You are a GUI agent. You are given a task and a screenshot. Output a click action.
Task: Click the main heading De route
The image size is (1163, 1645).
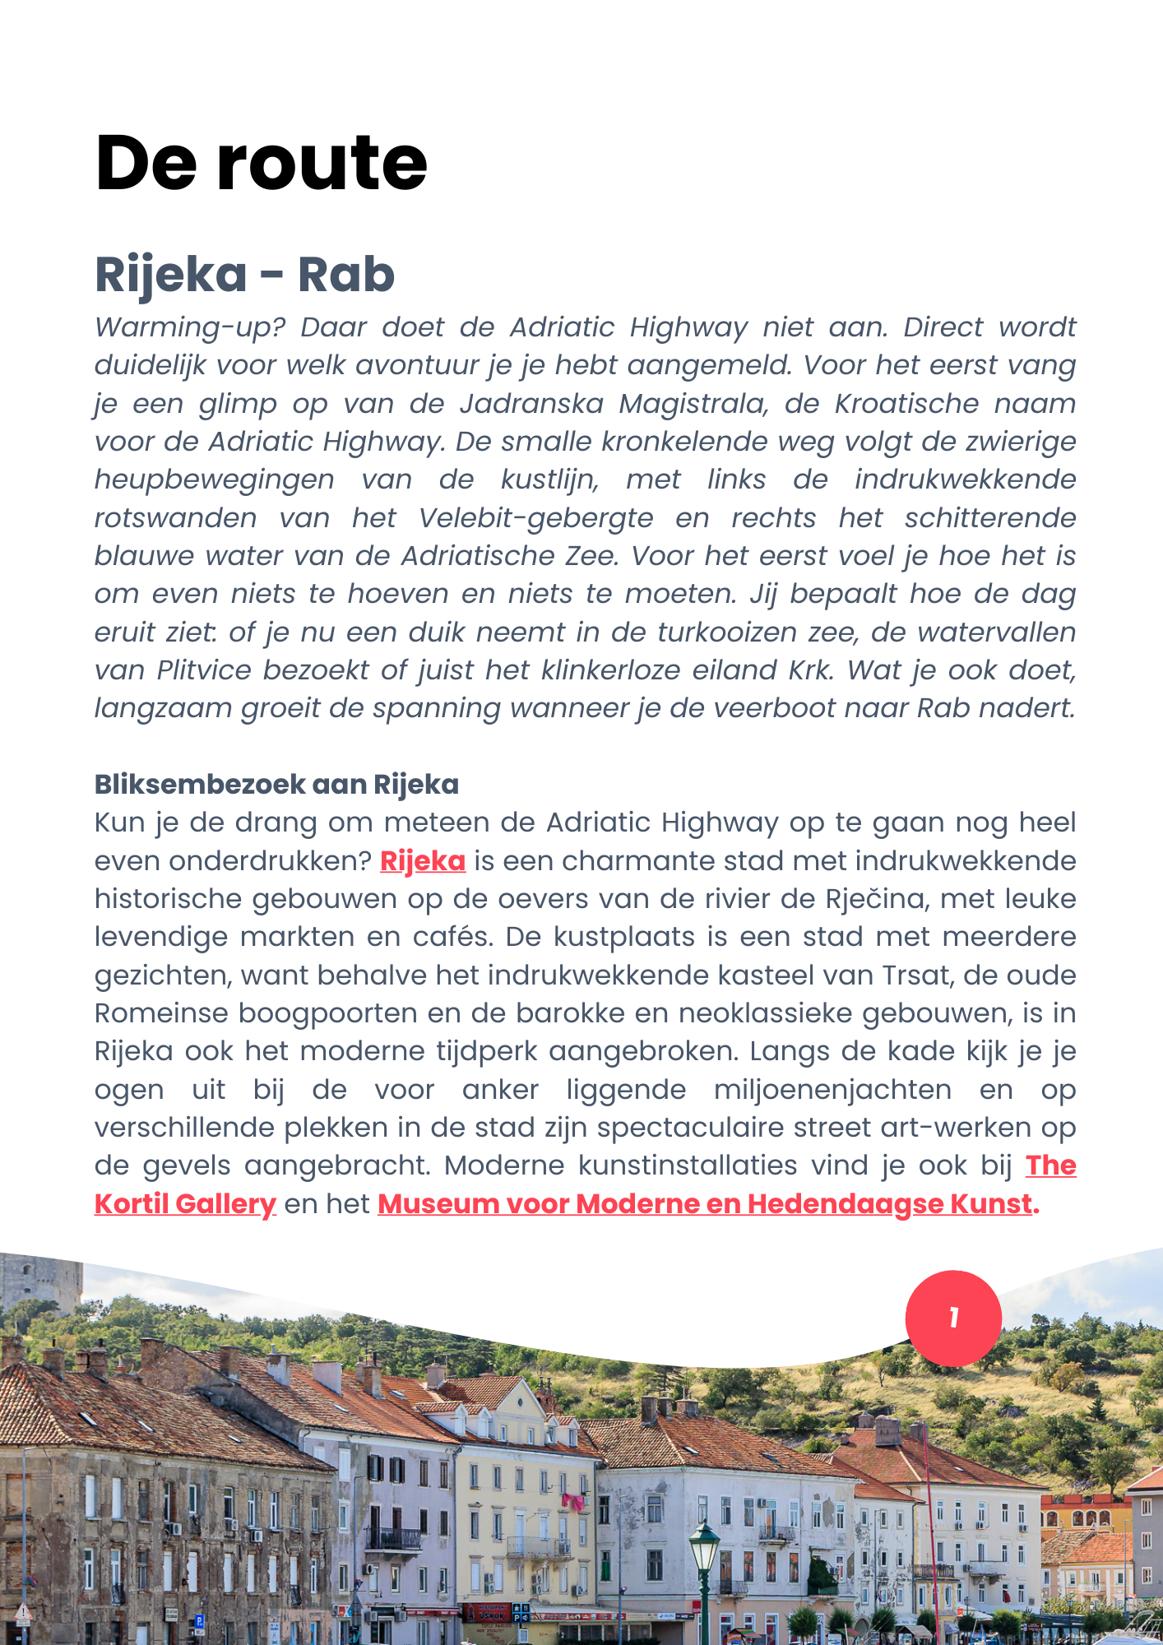click(x=261, y=163)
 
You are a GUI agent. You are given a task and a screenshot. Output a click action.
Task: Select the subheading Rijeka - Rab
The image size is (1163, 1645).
click(x=244, y=274)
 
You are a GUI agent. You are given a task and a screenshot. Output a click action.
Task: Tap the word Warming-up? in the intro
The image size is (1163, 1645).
click(x=190, y=327)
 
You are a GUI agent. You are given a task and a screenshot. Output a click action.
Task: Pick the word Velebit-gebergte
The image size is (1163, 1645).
click(x=535, y=518)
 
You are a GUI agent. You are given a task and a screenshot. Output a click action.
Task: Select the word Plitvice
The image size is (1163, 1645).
click(x=204, y=670)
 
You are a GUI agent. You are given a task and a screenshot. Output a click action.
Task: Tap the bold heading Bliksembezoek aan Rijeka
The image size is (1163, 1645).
click(x=276, y=785)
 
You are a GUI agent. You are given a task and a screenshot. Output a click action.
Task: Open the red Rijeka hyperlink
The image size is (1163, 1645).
click(x=423, y=861)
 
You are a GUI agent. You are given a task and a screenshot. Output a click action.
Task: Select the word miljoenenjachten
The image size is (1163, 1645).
click(x=832, y=1090)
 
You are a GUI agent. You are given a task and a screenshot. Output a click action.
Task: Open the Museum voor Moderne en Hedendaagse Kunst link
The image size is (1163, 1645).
click(x=704, y=1204)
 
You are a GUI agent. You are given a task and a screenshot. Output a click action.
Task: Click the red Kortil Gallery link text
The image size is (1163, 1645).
click(x=185, y=1204)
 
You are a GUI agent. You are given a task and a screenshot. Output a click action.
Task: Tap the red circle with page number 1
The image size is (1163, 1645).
click(x=953, y=1318)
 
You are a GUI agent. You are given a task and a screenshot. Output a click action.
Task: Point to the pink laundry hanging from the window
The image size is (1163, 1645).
click(x=573, y=1502)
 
